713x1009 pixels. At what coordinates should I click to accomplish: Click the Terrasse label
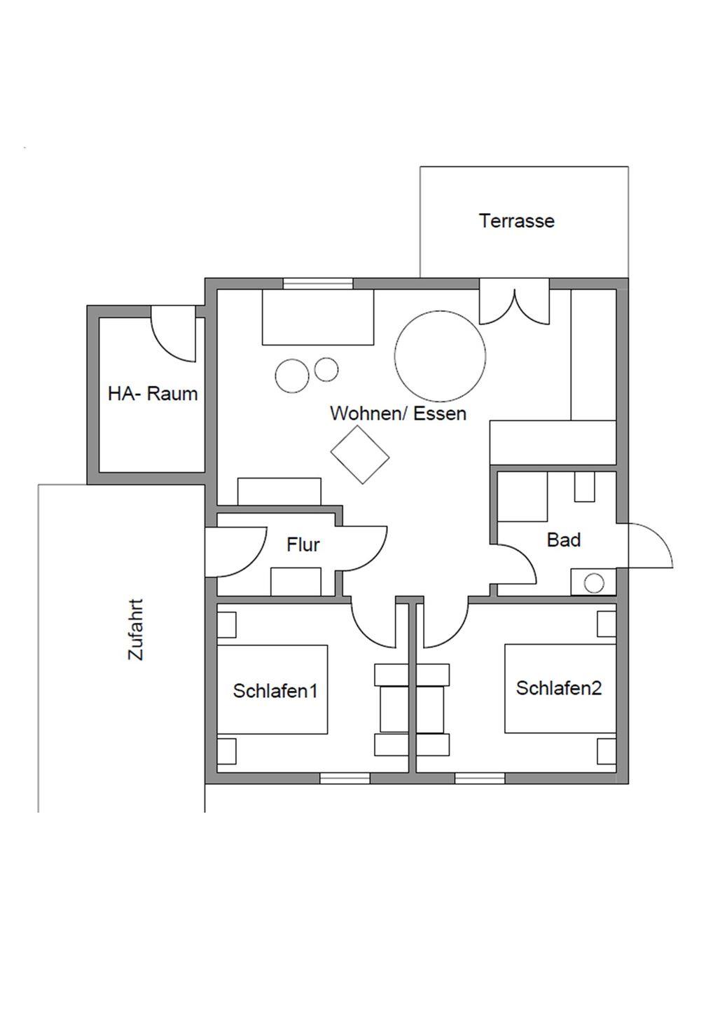[x=516, y=221]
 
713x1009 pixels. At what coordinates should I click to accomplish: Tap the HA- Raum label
[x=153, y=394]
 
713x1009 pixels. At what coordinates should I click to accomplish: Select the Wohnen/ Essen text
[x=398, y=413]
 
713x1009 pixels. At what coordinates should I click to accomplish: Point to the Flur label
[x=303, y=544]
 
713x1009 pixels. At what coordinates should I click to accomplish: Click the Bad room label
[x=564, y=540]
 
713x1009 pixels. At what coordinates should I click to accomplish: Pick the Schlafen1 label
[x=275, y=691]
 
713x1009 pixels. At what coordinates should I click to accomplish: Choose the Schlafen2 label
[x=559, y=688]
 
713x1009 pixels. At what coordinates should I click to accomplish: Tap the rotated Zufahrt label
[x=135, y=629]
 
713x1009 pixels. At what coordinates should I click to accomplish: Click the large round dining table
[x=441, y=356]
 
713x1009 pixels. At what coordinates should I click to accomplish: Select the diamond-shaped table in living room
[x=360, y=455]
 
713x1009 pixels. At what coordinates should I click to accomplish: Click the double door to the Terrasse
[x=514, y=302]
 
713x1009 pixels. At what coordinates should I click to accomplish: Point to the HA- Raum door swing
[x=173, y=334]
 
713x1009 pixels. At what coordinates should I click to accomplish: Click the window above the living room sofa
[x=318, y=284]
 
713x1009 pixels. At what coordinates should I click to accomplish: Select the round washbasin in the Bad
[x=594, y=584]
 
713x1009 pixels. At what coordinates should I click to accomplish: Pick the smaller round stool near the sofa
[x=326, y=369]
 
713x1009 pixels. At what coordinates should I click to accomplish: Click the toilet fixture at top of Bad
[x=585, y=486]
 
